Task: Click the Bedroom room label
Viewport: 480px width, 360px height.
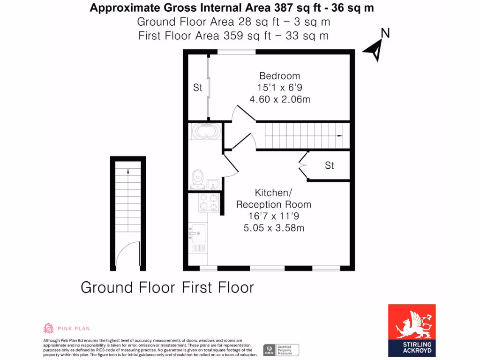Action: pos(279,76)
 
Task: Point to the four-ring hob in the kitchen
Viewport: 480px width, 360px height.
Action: pos(209,203)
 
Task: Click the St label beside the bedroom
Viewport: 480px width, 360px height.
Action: pos(197,88)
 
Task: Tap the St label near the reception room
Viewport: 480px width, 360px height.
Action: pos(330,165)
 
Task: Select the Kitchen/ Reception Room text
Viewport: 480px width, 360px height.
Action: pos(273,198)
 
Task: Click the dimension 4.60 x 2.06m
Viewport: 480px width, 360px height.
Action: pos(280,99)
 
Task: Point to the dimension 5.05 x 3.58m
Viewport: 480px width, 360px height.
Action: pos(274,228)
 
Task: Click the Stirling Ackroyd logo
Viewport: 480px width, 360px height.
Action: pos(412,330)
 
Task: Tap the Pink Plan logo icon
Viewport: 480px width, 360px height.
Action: pos(48,328)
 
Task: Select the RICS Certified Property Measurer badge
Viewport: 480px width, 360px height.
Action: pos(281,350)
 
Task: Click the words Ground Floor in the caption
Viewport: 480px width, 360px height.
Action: pos(127,287)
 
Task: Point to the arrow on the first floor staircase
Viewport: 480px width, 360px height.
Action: pos(340,135)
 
